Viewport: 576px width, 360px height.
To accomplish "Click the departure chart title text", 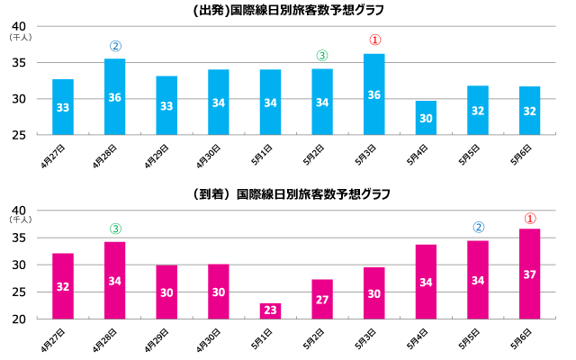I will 288,11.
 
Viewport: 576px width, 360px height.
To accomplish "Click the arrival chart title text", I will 288,193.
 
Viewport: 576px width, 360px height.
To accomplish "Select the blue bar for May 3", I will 374,94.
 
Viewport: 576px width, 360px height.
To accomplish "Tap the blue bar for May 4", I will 427,118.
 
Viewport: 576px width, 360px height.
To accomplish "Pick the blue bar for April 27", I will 63,107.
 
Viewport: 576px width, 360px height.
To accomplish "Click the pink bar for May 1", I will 271,310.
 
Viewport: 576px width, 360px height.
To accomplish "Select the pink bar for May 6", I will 530,274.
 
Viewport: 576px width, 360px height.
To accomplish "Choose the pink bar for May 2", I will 322,299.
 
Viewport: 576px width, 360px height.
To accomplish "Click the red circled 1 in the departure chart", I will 375,40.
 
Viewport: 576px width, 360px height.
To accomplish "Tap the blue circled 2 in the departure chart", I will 115,45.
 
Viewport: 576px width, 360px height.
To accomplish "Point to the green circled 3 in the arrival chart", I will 115,229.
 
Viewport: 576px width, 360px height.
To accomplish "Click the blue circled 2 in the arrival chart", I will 479,227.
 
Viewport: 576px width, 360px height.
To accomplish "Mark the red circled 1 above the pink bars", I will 530,217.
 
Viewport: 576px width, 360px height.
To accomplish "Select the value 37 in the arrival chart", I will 530,274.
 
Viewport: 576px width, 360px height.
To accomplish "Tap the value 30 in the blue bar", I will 427,118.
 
